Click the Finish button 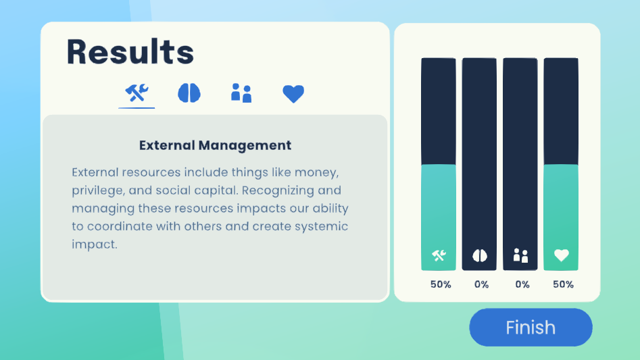tap(531, 328)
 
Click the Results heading tap(130, 52)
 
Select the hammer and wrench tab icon tap(137, 93)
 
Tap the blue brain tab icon tap(189, 93)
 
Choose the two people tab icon tap(241, 93)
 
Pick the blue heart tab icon tap(293, 94)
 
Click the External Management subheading tap(215, 145)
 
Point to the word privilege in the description tap(97, 190)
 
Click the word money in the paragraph tap(316, 172)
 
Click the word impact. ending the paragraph tap(95, 245)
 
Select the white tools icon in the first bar tap(439, 255)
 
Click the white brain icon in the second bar tap(480, 255)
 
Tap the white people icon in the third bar tap(520, 255)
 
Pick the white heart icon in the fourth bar tap(561, 255)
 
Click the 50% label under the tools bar tap(441, 284)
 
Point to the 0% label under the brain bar tap(482, 284)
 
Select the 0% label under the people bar tap(522, 284)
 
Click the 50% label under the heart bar tap(563, 284)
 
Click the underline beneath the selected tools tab tap(137, 108)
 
